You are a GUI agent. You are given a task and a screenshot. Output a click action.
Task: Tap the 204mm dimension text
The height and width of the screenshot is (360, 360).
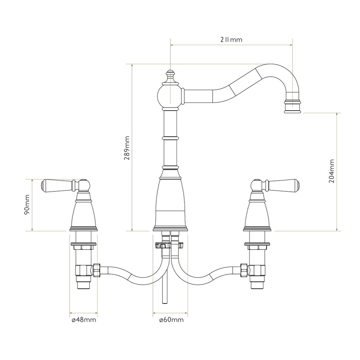tap(332, 171)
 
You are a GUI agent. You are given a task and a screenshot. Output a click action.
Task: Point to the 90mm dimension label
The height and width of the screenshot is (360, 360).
tap(27, 205)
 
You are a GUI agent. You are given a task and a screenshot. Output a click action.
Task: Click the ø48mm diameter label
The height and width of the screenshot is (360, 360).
tap(84, 320)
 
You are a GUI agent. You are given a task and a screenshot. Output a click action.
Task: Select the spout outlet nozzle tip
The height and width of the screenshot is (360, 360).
tap(293, 107)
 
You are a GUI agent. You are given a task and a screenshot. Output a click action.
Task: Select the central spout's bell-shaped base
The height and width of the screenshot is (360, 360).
tap(170, 201)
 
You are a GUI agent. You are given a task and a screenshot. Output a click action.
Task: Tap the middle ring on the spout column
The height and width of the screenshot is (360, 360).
tap(170, 138)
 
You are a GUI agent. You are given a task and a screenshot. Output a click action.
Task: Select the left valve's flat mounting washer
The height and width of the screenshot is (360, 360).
tap(83, 245)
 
